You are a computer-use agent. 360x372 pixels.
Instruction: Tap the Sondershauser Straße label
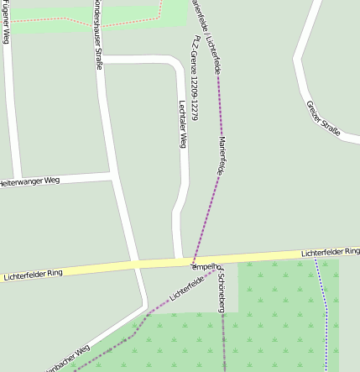tap(100, 34)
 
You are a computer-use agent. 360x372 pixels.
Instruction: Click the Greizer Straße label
tap(323, 118)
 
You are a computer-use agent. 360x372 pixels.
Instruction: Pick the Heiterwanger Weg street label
tap(30, 181)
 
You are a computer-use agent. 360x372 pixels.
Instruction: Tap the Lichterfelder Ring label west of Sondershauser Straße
tap(34, 274)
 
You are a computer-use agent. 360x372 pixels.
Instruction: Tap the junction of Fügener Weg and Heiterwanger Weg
tap(16, 180)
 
